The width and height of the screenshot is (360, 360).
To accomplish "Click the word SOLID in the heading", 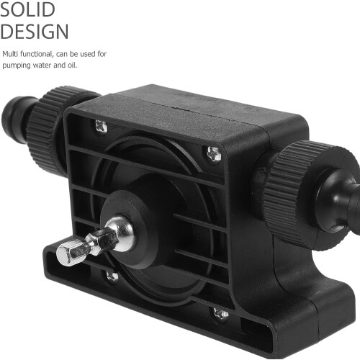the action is point(27,9).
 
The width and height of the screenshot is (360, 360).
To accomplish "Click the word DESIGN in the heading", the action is point(35,31).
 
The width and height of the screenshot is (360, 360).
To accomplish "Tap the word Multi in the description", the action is point(10,54).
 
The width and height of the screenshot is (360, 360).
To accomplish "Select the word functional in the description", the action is point(36,54).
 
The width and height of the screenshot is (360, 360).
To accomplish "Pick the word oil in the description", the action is point(72,65).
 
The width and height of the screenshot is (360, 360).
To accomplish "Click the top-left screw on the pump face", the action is point(101,126).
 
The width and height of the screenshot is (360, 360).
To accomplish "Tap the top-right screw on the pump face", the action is point(214,153).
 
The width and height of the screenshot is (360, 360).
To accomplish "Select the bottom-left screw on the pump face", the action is point(112,276).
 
